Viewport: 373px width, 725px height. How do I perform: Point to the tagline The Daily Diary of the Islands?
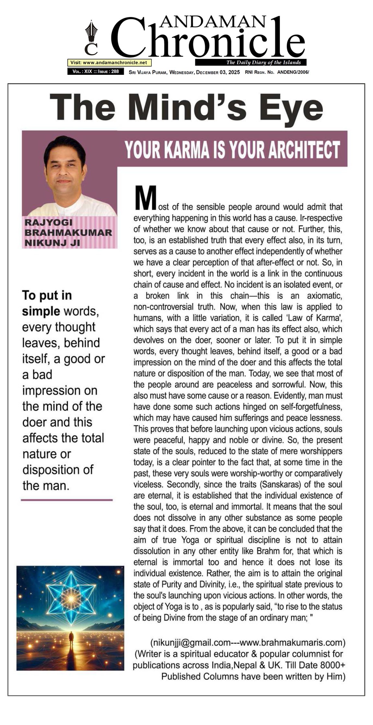click(263, 63)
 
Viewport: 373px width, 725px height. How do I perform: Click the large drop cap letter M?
click(145, 198)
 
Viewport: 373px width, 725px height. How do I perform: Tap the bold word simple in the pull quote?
click(41, 311)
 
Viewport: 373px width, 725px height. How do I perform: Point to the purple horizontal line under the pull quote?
click(67, 500)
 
